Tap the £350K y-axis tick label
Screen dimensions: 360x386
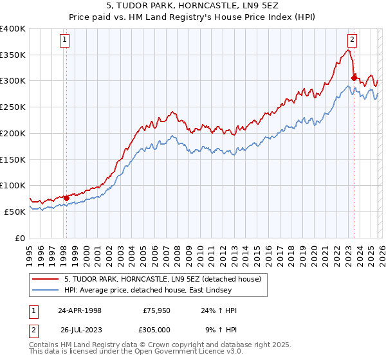click(x=13, y=55)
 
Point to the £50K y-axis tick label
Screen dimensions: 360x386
click(x=15, y=212)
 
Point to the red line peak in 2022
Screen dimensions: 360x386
click(x=348, y=51)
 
